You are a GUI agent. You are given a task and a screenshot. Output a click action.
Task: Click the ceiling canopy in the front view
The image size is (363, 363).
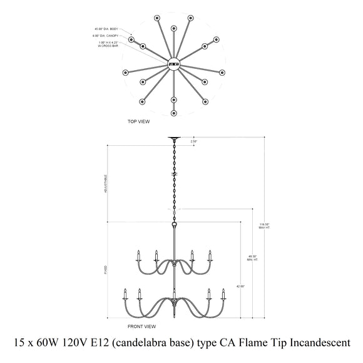pos(174,139)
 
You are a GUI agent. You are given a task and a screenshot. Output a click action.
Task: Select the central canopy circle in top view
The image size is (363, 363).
pos(173,63)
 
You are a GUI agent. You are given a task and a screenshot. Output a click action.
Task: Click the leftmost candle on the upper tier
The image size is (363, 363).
pos(138,255)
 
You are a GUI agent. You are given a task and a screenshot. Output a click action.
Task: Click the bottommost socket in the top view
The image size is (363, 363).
pos(174,113)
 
